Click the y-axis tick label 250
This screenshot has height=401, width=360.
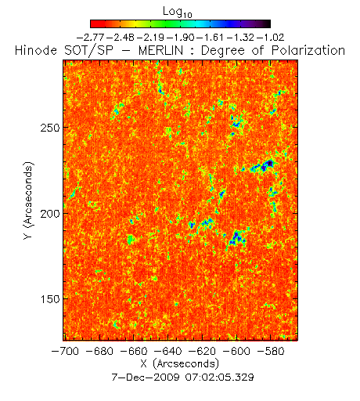pyautogui.click(x=50, y=128)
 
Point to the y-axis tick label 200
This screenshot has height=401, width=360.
pyautogui.click(x=50, y=214)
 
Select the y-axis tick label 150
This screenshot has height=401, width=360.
pyautogui.click(x=50, y=299)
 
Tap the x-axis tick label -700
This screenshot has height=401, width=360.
pyautogui.click(x=65, y=351)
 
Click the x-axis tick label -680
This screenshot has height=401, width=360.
pyautogui.click(x=99, y=351)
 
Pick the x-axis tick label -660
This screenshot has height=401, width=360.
pyautogui.click(x=134, y=351)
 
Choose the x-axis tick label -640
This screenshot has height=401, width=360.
pyautogui.click(x=168, y=351)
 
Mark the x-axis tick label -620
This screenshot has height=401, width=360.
pyautogui.click(x=202, y=351)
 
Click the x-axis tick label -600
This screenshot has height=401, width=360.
pyautogui.click(x=236, y=351)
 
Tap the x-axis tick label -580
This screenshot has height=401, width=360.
pyautogui.click(x=271, y=351)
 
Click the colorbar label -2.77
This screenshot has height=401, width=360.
pyautogui.click(x=91, y=38)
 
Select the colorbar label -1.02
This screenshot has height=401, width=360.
pyautogui.click(x=270, y=38)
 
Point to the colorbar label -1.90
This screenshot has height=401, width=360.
pyautogui.click(x=180, y=38)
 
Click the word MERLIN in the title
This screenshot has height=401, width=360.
pyautogui.click(x=160, y=50)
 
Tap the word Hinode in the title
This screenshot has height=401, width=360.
pyautogui.click(x=36, y=50)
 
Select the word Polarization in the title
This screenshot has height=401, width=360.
pyautogui.click(x=308, y=50)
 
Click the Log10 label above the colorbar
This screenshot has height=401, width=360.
pyautogui.click(x=178, y=13)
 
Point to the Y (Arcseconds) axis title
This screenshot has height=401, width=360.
pyautogui.click(x=28, y=200)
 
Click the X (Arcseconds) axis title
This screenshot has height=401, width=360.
pyautogui.click(x=180, y=363)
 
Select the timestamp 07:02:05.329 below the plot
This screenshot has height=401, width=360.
pyautogui.click(x=219, y=378)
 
